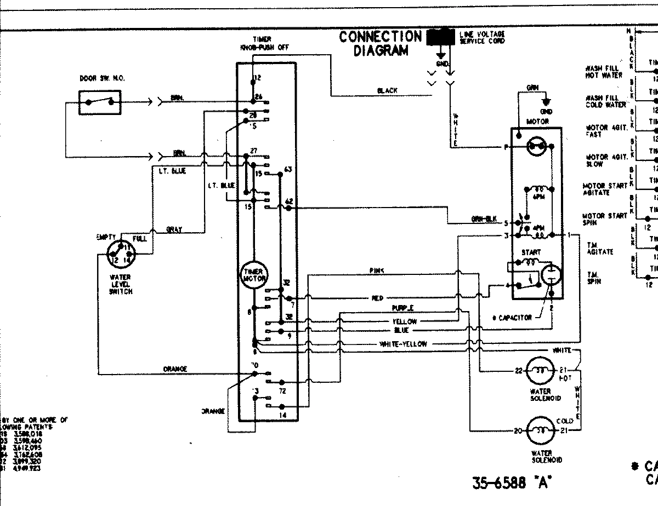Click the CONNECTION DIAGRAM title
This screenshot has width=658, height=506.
380,43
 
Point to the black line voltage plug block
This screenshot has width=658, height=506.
441,37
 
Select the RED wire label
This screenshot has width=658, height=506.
377,298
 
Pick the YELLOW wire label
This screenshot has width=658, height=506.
404,321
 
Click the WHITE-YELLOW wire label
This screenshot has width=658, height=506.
403,344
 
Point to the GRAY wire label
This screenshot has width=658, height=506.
174,229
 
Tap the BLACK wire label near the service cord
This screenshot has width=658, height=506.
387,90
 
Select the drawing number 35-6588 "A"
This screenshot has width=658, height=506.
511,483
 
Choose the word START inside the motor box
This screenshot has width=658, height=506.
531,252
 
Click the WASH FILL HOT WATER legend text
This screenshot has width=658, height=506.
603,72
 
